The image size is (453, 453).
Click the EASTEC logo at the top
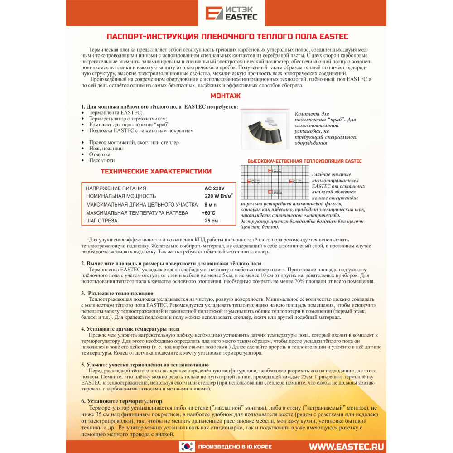[231, 13]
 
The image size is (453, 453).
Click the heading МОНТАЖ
[226, 96]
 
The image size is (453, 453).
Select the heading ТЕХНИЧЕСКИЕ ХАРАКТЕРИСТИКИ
[156, 171]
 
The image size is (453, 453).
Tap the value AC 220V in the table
[215, 188]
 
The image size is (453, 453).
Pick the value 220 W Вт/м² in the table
[219, 196]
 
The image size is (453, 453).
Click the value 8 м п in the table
[211, 204]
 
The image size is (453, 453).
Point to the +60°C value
[208, 212]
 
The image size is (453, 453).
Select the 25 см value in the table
[212, 221]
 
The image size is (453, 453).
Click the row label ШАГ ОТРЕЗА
[102, 221]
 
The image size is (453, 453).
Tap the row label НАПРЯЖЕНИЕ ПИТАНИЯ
[116, 188]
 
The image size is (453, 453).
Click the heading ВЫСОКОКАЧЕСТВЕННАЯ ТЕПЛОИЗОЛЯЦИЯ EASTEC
[304, 161]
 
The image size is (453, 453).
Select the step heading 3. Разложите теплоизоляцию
[117, 293]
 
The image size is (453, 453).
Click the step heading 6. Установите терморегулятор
[121, 401]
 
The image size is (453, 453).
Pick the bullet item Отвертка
[100, 154]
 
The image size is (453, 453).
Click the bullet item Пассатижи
[102, 160]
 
